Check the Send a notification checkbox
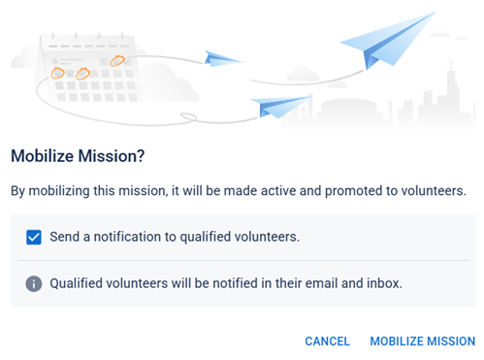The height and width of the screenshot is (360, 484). (34, 236)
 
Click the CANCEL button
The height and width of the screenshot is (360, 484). (327, 341)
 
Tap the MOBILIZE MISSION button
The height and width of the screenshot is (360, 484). (423, 341)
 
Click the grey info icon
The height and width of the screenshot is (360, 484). (34, 284)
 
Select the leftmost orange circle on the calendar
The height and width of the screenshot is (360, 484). (58, 73)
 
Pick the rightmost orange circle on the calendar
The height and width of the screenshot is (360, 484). (118, 61)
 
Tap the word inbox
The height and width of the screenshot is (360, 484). (381, 284)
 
